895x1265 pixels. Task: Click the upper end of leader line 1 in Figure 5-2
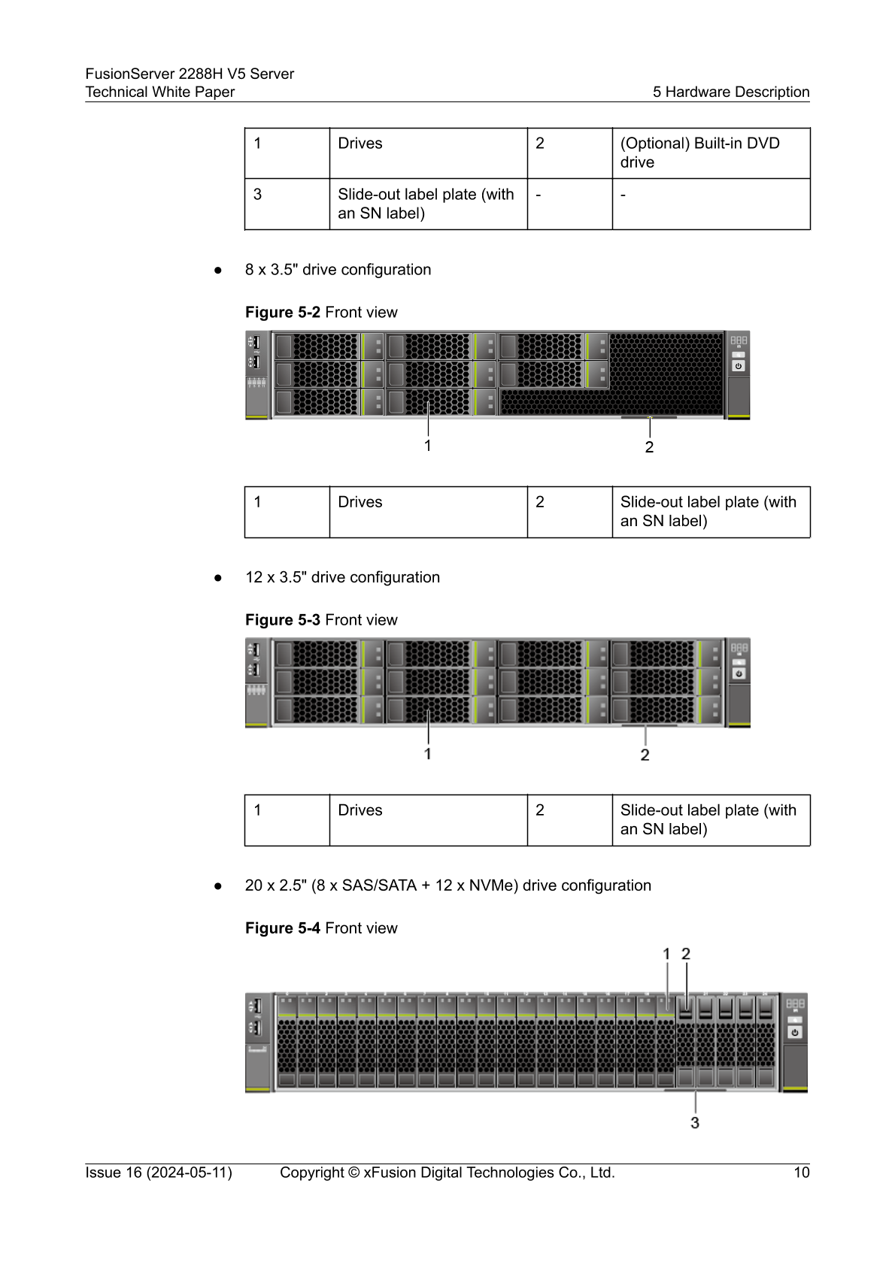click(428, 402)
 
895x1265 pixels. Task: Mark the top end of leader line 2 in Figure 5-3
click(645, 726)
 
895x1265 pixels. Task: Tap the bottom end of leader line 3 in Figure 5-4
click(695, 1113)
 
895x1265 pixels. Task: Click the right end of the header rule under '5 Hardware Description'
click(810, 102)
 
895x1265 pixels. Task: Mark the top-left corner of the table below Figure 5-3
click(244, 795)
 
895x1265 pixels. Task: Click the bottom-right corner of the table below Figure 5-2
click(810, 537)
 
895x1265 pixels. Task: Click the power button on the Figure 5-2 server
click(739, 366)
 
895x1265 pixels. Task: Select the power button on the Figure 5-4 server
click(795, 1032)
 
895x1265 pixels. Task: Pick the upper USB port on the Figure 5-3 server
click(255, 649)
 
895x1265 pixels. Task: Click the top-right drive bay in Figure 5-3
click(666, 653)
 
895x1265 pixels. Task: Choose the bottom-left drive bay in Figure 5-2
click(329, 402)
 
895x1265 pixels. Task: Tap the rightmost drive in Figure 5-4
click(766, 1042)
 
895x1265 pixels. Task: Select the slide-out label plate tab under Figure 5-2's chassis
click(648, 417)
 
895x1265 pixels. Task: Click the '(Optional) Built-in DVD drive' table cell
click(711, 153)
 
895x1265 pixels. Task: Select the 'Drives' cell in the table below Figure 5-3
click(428, 820)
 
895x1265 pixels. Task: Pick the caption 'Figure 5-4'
click(283, 928)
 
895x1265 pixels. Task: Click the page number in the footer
click(801, 1173)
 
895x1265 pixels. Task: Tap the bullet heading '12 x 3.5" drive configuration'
click(342, 577)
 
